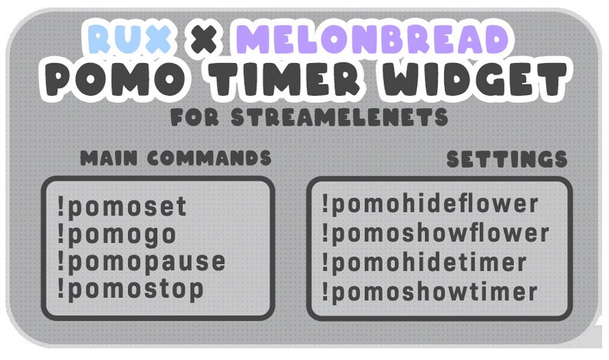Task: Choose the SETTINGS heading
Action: [507, 159]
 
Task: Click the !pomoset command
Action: [122, 207]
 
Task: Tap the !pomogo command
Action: [117, 234]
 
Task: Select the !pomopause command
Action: [141, 262]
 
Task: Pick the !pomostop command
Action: [130, 289]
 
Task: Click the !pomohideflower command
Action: [430, 205]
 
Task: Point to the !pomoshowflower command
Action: [435, 233]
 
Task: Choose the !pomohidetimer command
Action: [424, 263]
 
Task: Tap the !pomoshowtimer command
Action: [429, 292]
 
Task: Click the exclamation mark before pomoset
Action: [61, 206]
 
